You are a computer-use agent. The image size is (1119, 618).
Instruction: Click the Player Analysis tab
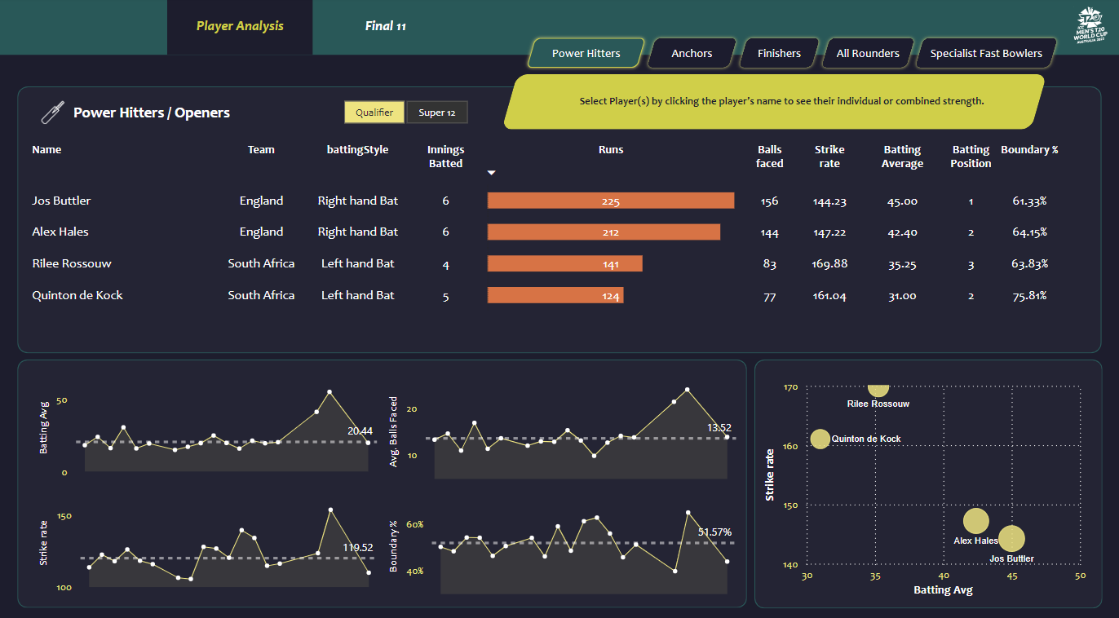coord(240,26)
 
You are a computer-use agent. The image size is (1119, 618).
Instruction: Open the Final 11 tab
coord(385,26)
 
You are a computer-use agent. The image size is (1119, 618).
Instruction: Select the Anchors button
coord(692,53)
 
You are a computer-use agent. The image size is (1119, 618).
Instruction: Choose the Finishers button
coord(779,53)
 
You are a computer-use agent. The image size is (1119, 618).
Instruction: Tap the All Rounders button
coord(868,53)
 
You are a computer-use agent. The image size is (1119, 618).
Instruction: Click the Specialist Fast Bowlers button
coord(986,53)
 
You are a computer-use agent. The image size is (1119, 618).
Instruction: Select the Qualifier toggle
coord(374,113)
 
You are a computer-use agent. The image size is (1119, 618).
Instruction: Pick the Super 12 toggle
coord(437,113)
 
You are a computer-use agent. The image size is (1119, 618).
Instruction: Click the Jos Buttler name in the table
coord(61,201)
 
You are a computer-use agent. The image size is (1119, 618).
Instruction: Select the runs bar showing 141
coord(564,263)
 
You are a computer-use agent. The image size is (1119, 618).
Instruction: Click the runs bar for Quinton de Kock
coord(555,295)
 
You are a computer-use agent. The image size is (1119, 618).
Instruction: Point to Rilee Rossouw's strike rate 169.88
coord(829,263)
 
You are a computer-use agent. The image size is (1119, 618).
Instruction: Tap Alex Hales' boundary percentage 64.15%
coord(1029,232)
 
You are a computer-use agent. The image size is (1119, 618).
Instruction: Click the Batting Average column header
coord(902,157)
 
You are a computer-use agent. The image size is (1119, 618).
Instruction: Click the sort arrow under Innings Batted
coord(491,173)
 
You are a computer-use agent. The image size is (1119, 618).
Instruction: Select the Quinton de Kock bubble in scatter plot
coord(820,439)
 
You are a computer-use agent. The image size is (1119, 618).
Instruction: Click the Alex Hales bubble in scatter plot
coord(975,521)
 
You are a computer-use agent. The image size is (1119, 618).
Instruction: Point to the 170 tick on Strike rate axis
coord(789,387)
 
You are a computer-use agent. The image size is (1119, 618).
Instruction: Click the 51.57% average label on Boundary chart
coord(714,532)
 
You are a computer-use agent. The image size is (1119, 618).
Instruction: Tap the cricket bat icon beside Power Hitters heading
coord(52,113)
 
